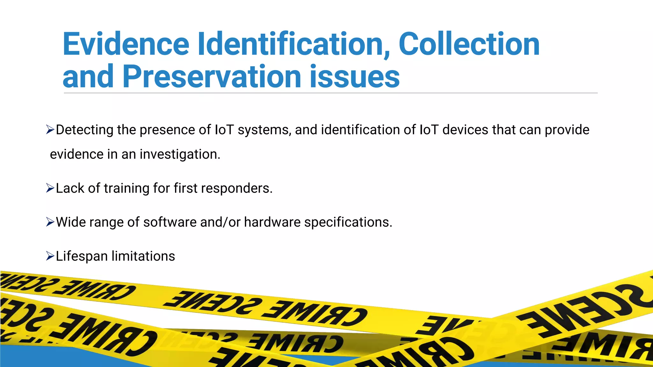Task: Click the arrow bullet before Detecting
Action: tap(50, 130)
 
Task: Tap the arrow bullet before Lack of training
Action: tap(50, 188)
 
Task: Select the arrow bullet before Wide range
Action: tap(50, 222)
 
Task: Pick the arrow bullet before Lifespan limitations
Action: tap(50, 256)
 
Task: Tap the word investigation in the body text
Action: tap(180, 154)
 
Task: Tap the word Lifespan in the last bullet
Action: tap(82, 256)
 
